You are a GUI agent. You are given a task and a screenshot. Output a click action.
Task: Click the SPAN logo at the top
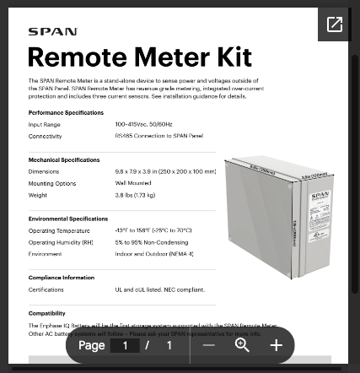(x=52, y=32)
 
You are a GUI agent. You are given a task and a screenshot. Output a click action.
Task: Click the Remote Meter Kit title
(x=140, y=57)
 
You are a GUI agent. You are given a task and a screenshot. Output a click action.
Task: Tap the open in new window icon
(x=335, y=24)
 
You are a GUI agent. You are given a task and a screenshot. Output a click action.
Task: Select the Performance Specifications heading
(x=66, y=112)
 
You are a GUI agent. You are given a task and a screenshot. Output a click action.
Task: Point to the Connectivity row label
(x=45, y=136)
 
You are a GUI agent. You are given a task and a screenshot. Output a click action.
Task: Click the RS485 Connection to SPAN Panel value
(x=159, y=136)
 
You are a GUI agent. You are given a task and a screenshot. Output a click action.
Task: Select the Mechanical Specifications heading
(x=64, y=159)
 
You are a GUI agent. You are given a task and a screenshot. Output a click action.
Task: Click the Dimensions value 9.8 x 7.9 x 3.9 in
(x=165, y=171)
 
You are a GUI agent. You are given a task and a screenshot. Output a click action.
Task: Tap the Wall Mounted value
(x=133, y=183)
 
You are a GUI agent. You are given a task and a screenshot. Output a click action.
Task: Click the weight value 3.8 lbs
(x=135, y=195)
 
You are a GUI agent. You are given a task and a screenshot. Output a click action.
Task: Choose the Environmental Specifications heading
(x=68, y=219)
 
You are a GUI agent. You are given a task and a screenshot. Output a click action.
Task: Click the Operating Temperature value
(x=153, y=230)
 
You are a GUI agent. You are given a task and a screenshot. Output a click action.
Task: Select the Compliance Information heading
(x=62, y=278)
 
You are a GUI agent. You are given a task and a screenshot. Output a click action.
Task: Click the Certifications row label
(x=46, y=289)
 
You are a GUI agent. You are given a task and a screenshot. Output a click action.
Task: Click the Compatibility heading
(x=47, y=313)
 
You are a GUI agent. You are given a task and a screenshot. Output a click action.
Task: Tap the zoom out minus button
(x=209, y=345)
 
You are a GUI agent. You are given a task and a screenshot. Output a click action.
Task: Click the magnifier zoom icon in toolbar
(x=243, y=345)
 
